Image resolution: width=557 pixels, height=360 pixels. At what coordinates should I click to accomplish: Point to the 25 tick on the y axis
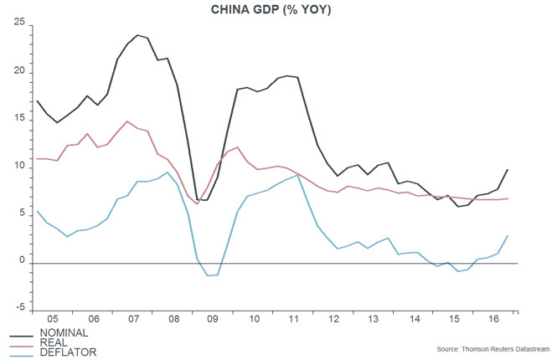click(18, 23)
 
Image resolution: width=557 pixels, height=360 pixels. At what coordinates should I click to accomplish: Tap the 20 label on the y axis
click(18, 72)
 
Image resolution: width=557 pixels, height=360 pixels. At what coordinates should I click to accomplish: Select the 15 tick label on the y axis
click(18, 120)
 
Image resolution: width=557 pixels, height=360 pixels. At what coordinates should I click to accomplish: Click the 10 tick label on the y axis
click(18, 167)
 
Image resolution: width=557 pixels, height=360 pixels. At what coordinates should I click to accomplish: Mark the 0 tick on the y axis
click(22, 263)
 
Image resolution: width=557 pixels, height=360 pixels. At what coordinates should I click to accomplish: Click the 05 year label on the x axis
click(51, 319)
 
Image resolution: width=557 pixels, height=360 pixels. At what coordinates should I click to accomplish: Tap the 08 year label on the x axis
click(174, 319)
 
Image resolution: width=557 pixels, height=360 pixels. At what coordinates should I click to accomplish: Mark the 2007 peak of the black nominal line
click(137, 35)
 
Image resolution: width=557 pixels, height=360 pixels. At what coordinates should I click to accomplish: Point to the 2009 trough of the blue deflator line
click(209, 275)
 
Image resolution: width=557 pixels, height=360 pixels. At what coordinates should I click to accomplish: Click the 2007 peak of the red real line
click(126, 121)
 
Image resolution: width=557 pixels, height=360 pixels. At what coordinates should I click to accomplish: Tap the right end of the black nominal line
click(508, 170)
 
